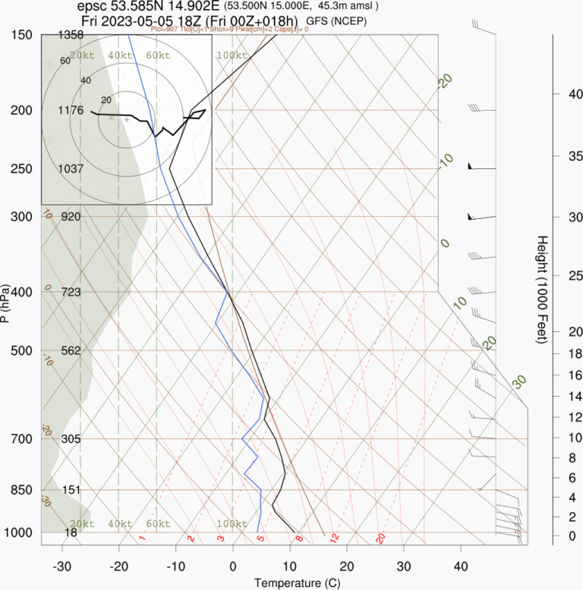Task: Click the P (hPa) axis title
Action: tap(6, 303)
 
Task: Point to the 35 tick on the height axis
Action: tap(555, 156)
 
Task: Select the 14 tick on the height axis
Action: tap(555, 396)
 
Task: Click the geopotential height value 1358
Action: tap(71, 35)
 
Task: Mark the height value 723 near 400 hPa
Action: tap(71, 292)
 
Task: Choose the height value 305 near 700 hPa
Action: tap(71, 439)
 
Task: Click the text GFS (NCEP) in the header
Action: tap(336, 21)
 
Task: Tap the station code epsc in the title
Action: tap(93, 6)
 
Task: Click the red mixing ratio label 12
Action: tap(333, 538)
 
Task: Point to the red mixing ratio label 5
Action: tap(260, 538)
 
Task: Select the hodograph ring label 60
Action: tap(65, 61)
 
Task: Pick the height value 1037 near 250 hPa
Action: tap(71, 168)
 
